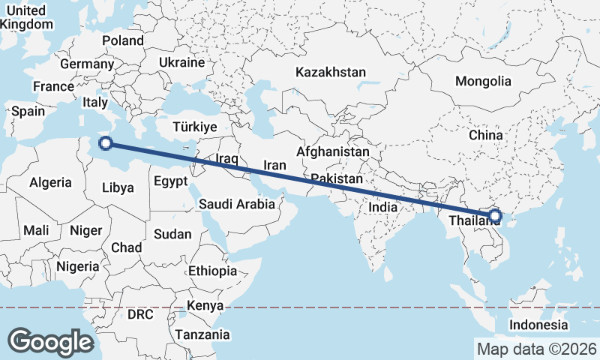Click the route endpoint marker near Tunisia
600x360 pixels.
(x=106, y=143)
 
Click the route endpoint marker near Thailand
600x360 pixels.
(x=494, y=217)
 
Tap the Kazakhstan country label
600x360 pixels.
(x=331, y=73)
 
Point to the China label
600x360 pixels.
(x=485, y=136)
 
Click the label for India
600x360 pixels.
(x=382, y=207)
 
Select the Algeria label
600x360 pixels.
(x=50, y=182)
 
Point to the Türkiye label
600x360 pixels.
(x=194, y=127)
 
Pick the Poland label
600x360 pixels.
(x=123, y=40)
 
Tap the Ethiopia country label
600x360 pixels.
(x=213, y=271)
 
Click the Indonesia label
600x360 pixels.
(x=538, y=325)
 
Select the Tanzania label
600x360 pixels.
(x=202, y=334)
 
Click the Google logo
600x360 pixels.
(x=50, y=341)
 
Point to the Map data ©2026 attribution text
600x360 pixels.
(x=536, y=349)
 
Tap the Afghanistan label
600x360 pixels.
(x=333, y=151)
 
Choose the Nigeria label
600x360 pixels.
(x=77, y=266)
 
